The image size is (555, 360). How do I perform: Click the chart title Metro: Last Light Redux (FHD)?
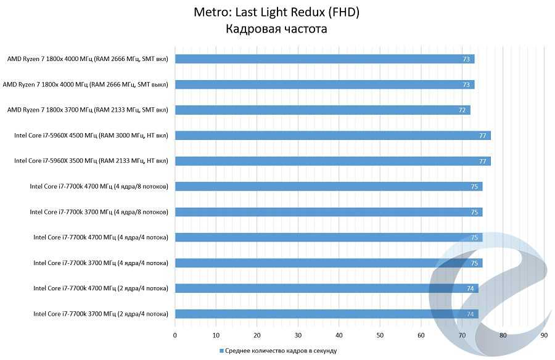click(277, 12)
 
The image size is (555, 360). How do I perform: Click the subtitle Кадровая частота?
click(277, 29)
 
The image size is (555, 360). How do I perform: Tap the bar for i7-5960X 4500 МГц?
click(333, 136)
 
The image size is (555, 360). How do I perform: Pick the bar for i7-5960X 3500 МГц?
click(333, 161)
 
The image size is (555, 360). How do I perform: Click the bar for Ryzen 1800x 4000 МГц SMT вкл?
click(324, 59)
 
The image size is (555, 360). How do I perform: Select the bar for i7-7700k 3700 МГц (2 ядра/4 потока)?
click(327, 314)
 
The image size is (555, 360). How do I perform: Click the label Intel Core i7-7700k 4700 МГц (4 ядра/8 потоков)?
click(99, 187)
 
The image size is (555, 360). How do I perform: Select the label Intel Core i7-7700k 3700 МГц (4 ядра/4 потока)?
click(101, 263)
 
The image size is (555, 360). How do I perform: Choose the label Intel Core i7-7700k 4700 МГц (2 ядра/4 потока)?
click(101, 288)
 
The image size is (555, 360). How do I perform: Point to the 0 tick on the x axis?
click(175, 335)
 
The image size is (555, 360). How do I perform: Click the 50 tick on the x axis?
click(380, 335)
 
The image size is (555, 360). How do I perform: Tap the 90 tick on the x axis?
click(544, 335)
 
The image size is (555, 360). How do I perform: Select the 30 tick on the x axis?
click(298, 335)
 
